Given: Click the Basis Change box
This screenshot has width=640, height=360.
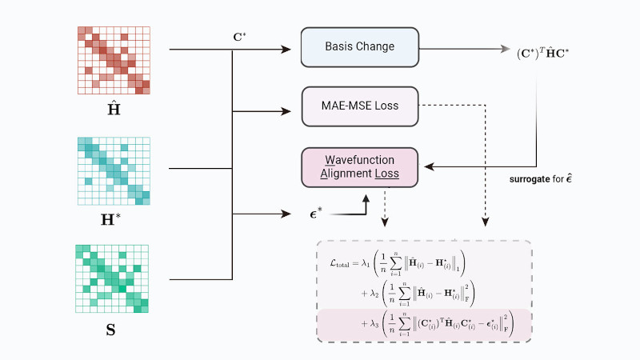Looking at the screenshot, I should point(359,46).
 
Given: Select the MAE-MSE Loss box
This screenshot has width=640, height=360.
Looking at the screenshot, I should point(359,106).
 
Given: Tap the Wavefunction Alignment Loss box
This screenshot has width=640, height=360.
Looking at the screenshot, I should point(359,166).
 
